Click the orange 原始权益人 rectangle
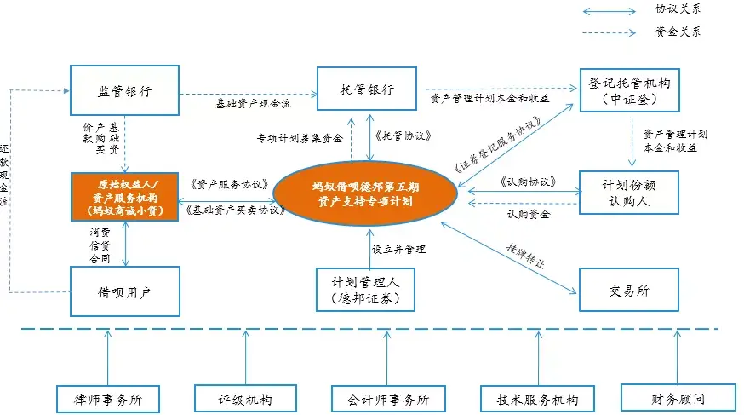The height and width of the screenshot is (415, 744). click(125, 197)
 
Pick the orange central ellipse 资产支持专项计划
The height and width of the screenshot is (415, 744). click(365, 192)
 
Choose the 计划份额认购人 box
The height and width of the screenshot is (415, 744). click(628, 193)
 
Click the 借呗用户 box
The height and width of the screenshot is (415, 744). click(125, 290)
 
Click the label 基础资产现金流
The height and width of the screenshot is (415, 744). click(253, 104)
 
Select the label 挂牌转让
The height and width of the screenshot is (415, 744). click(526, 253)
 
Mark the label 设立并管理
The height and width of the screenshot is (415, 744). click(398, 250)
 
